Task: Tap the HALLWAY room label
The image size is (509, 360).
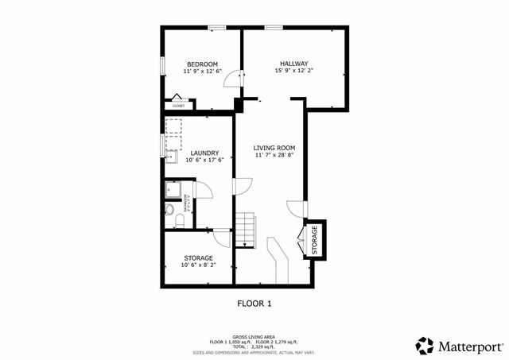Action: click(x=293, y=64)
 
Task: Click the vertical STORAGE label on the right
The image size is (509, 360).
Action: click(x=315, y=239)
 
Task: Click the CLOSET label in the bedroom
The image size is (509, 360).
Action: click(x=179, y=106)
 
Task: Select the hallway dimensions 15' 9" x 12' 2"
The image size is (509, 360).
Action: click(x=293, y=71)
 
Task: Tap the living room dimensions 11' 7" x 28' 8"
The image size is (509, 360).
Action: click(x=274, y=156)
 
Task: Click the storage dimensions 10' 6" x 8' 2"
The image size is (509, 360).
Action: click(x=198, y=265)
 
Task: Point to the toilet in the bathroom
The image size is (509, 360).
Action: click(x=170, y=211)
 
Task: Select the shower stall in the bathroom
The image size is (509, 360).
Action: click(x=173, y=191)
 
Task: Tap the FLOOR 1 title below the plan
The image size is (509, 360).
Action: click(x=254, y=303)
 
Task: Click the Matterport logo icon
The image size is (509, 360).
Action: click(x=425, y=345)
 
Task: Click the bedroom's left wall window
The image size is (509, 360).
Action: click(x=162, y=65)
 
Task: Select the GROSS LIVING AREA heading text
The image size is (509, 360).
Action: click(x=254, y=336)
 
